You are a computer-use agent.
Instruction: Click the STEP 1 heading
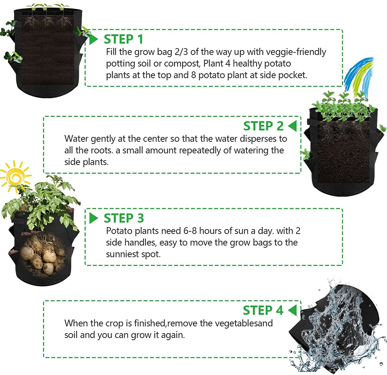point(123,39)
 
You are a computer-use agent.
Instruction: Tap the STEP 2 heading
point(263,126)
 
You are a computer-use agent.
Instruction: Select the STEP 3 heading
point(124,218)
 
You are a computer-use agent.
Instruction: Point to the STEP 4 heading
point(263,310)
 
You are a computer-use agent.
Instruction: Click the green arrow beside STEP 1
point(93,39)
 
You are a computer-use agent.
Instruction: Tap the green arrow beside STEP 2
point(292,126)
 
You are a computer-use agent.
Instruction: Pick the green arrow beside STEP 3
point(93,218)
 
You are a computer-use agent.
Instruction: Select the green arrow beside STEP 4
point(292,310)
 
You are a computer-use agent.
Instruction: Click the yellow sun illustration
point(16,176)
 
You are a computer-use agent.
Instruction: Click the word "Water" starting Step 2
point(76,139)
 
